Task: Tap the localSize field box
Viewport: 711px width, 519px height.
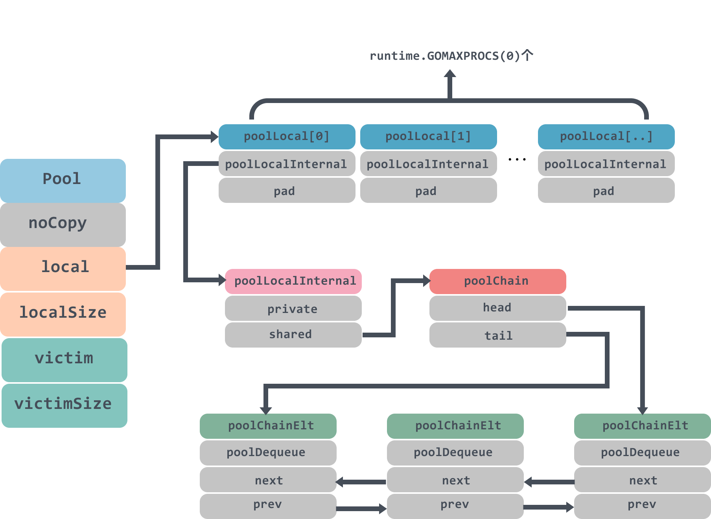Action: [x=63, y=313]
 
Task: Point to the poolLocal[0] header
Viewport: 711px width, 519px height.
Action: [x=287, y=136]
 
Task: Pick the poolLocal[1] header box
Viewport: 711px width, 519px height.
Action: [x=428, y=136]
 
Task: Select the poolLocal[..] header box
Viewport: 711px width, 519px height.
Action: [x=606, y=136]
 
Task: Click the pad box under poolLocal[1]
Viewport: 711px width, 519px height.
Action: [x=428, y=191]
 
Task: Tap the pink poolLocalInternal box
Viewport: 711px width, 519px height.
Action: [x=293, y=281]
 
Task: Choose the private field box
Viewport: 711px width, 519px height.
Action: [x=293, y=309]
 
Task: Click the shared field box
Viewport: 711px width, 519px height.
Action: [x=293, y=335]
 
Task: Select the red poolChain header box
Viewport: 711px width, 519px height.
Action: [x=497, y=281]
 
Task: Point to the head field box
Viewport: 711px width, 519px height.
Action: [x=497, y=308]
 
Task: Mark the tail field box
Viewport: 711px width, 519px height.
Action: [x=497, y=335]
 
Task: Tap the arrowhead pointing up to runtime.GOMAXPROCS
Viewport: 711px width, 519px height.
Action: [x=450, y=74]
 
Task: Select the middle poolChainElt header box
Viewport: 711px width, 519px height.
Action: [x=455, y=426]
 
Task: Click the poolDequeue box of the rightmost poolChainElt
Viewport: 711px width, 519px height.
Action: [x=642, y=453]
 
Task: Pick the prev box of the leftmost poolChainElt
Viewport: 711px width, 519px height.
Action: [x=268, y=505]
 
